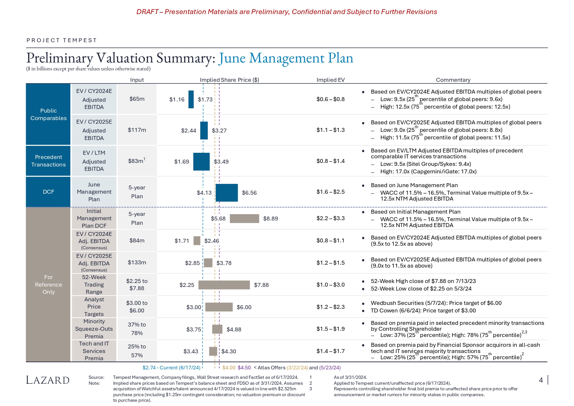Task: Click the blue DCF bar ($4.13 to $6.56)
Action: (x=227, y=193)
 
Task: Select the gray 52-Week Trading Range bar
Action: (x=224, y=285)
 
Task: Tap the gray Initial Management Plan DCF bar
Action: (x=244, y=219)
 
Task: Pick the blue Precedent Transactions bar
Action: (x=201, y=162)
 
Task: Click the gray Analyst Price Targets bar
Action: (x=219, y=307)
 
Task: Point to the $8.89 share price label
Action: (x=270, y=219)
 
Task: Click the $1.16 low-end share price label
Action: (x=177, y=99)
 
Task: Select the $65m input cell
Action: (x=137, y=99)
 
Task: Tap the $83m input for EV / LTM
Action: (x=137, y=161)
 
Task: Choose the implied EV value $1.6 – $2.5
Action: (x=330, y=192)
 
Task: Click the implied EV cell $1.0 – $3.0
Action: (x=330, y=285)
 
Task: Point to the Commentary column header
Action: (x=453, y=80)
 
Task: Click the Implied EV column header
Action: (x=330, y=80)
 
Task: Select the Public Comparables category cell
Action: (x=48, y=115)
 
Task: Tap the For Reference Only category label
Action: (x=48, y=285)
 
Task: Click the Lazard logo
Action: (x=48, y=380)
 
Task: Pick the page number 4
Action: (x=541, y=380)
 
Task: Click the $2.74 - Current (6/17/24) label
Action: (x=171, y=368)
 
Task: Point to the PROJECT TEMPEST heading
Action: (x=62, y=40)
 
